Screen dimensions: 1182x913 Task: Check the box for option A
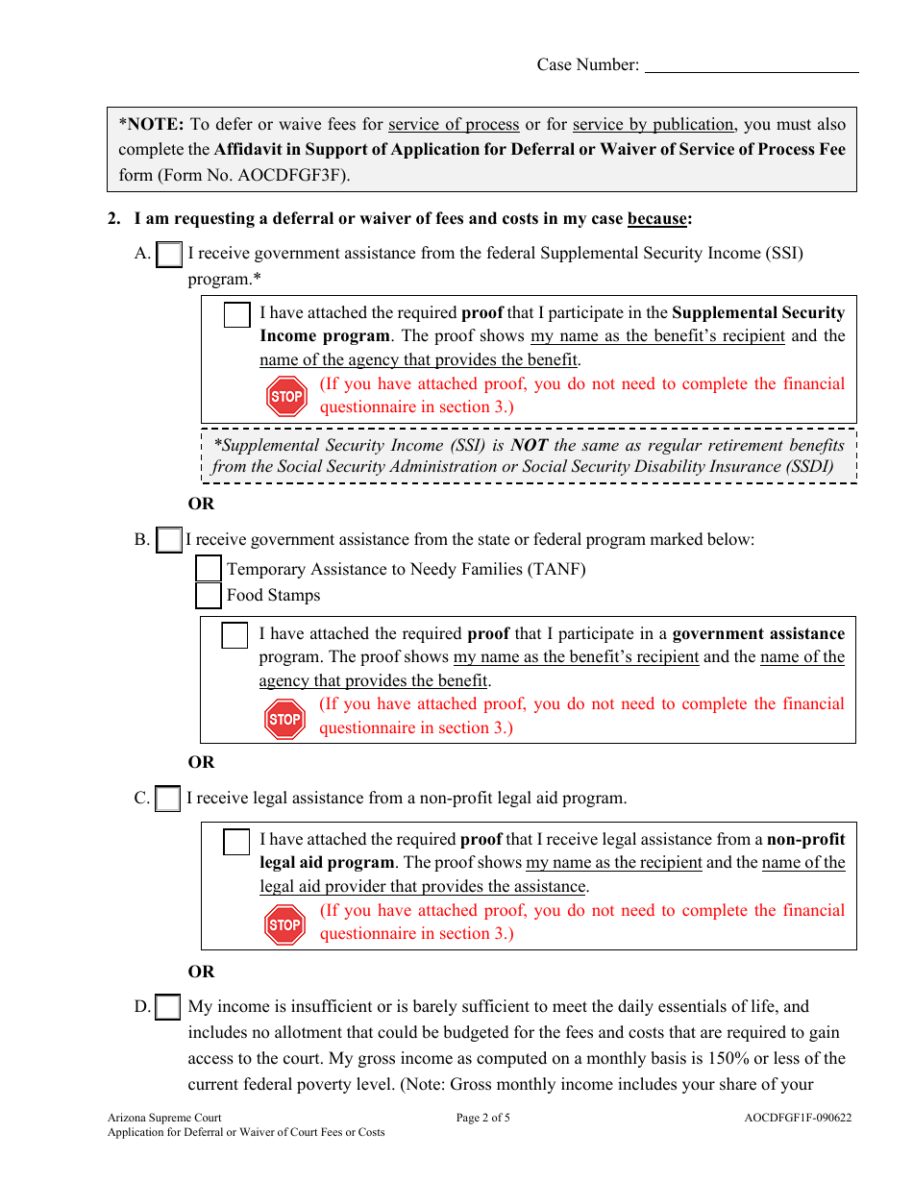(169, 255)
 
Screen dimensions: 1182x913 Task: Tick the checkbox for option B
(169, 540)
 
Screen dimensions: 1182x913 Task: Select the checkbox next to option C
(168, 799)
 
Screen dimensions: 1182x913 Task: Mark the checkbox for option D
(168, 1007)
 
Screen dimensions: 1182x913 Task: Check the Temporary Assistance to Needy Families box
(209, 569)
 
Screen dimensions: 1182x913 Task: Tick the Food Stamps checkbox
(209, 596)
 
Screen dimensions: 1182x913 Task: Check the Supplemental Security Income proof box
(236, 314)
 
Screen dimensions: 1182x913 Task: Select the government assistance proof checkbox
(235, 635)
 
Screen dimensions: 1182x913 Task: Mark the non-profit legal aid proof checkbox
(236, 842)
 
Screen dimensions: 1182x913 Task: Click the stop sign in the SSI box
(285, 396)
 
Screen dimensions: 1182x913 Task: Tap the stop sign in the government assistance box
(284, 719)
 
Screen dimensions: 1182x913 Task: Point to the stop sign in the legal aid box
(284, 924)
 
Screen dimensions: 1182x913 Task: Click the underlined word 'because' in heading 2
(657, 219)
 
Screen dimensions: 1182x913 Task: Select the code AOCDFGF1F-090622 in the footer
(797, 1118)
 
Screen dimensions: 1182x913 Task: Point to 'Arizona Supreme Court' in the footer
(164, 1118)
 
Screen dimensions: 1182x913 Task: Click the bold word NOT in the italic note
(529, 445)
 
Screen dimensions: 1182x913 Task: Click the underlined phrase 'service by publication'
(654, 124)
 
